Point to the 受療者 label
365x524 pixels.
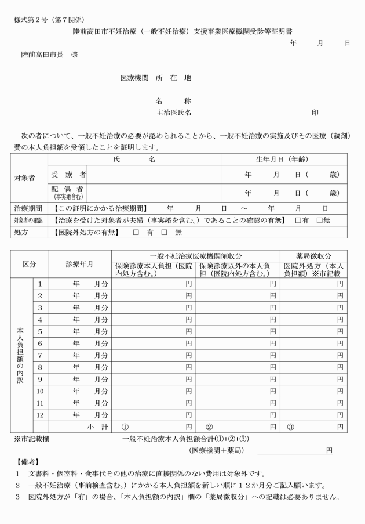(65, 175)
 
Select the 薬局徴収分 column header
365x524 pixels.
(313, 256)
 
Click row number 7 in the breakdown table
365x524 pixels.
(41, 355)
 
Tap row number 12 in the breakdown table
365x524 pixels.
(41, 415)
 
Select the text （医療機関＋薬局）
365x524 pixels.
(216, 450)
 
